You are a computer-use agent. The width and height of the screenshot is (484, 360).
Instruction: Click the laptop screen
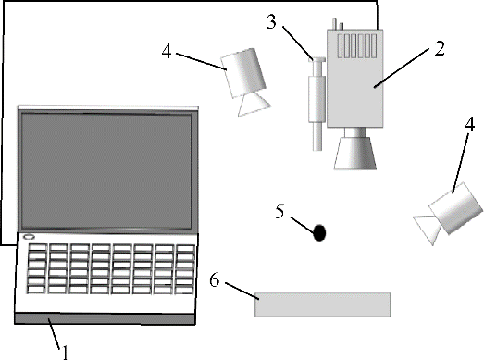coord(106,171)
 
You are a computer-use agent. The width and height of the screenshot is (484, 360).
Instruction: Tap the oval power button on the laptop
coord(29,237)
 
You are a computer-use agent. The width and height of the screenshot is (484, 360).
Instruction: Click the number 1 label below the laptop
coord(65,353)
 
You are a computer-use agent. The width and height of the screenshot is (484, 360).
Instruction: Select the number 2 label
coord(440,48)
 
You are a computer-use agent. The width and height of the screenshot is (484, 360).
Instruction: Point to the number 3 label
coord(271,22)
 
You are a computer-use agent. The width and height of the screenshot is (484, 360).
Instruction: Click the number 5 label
coord(279,212)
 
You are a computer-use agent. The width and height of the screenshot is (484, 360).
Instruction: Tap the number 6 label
coord(215,280)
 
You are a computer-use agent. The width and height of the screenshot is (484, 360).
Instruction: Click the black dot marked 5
coord(319,233)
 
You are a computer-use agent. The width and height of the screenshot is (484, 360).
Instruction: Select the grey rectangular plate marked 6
coord(323,304)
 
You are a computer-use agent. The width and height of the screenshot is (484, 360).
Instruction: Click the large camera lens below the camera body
coord(355,153)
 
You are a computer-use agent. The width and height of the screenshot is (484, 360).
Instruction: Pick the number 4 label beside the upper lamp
coord(167,51)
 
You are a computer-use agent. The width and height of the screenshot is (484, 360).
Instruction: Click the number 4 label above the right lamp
coord(469,125)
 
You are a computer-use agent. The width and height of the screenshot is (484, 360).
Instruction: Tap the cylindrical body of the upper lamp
coord(244,72)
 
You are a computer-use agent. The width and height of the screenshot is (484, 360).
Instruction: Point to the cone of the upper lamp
coord(254,104)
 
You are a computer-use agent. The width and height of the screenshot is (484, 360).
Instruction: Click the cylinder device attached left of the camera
coord(317,104)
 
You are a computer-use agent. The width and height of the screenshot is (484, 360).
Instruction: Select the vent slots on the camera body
coord(357,46)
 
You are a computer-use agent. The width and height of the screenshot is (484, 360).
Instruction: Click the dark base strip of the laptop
coord(105,318)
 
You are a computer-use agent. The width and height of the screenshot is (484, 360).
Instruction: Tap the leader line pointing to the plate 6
coord(242,291)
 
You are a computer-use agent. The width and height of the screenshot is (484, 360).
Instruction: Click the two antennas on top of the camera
coord(338,24)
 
